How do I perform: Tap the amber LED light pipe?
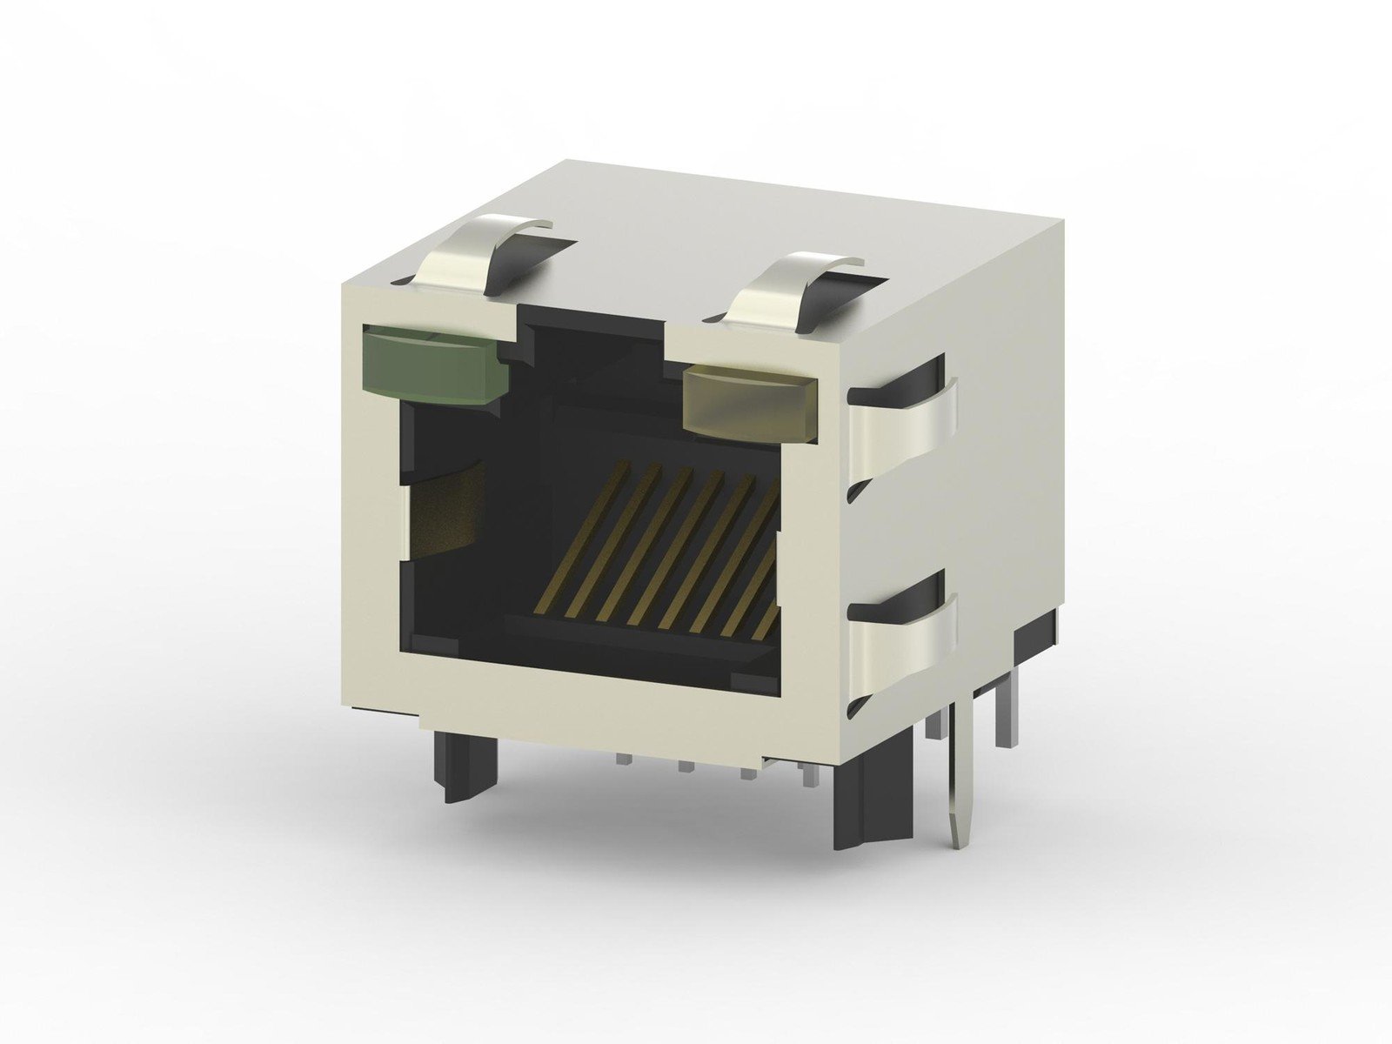point(751,399)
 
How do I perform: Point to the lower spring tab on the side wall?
point(905,648)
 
